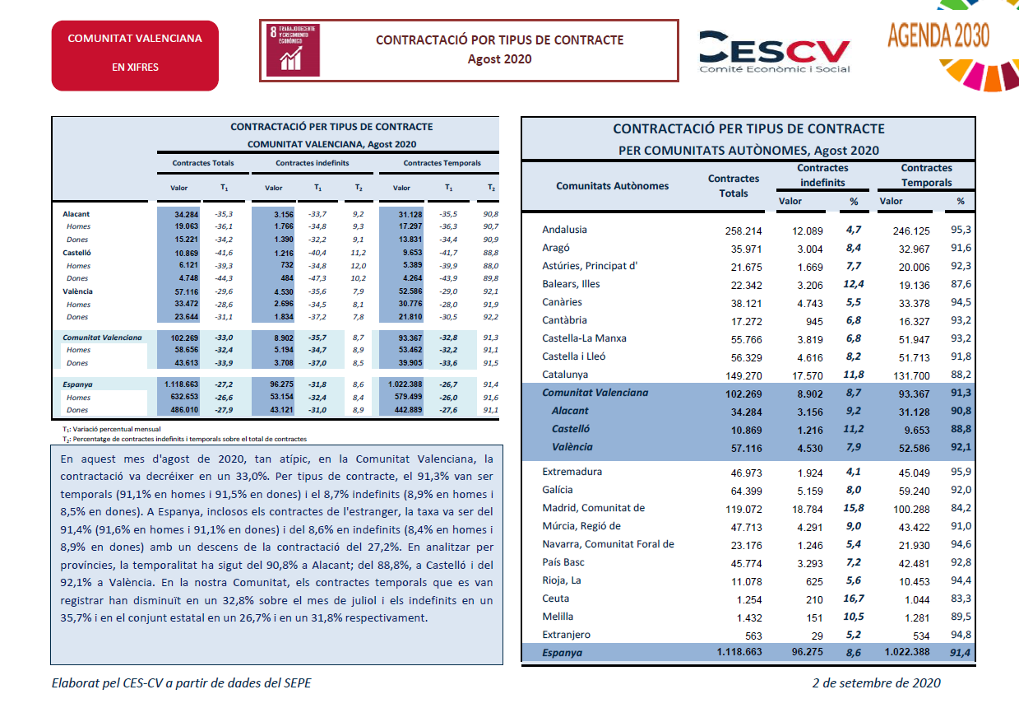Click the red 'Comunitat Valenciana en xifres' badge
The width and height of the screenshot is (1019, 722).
pyautogui.click(x=135, y=55)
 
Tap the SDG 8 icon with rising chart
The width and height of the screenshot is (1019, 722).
pyautogui.click(x=293, y=50)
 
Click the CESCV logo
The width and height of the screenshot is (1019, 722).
pyautogui.click(x=774, y=51)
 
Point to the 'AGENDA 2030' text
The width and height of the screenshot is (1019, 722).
pyautogui.click(x=938, y=35)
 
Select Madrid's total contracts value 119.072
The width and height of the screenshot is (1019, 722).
pyautogui.click(x=743, y=509)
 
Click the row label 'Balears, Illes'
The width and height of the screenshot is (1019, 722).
pyautogui.click(x=571, y=284)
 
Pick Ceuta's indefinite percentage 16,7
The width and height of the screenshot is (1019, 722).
pyautogui.click(x=854, y=599)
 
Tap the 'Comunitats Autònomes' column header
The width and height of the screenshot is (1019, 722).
pyautogui.click(x=613, y=186)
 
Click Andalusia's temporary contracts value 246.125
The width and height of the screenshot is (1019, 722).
pyautogui.click(x=911, y=231)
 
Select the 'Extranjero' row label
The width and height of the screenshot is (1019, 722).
pyautogui.click(x=567, y=635)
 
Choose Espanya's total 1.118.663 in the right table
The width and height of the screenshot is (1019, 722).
pyautogui.click(x=739, y=652)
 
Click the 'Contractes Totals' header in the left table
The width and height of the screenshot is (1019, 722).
pyautogui.click(x=203, y=163)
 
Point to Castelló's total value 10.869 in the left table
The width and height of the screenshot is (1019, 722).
pyautogui.click(x=187, y=253)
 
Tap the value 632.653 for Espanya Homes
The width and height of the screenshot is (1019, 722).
pyautogui.click(x=184, y=397)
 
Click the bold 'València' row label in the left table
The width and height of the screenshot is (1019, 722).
pyautogui.click(x=78, y=291)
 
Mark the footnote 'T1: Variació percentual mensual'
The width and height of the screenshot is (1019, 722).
pyautogui.click(x=112, y=429)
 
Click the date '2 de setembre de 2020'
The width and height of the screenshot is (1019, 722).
pyautogui.click(x=876, y=682)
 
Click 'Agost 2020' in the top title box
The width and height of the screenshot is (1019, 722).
pyautogui.click(x=499, y=59)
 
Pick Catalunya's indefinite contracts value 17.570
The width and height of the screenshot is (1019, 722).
pyautogui.click(x=808, y=375)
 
